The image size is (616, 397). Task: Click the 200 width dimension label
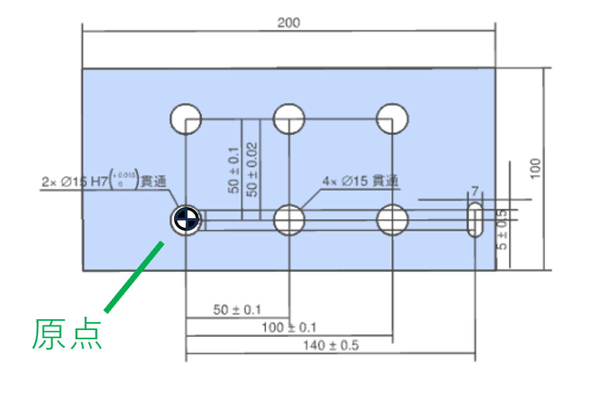pyautogui.click(x=289, y=23)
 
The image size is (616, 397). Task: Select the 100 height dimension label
pyautogui.click(x=536, y=168)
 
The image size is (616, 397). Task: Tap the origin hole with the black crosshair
pyautogui.click(x=186, y=220)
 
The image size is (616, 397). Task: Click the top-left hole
pyautogui.click(x=186, y=119)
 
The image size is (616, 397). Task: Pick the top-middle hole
pyautogui.click(x=289, y=119)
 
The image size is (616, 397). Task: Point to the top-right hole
pyautogui.click(x=392, y=119)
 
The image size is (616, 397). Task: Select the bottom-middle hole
pyautogui.click(x=289, y=220)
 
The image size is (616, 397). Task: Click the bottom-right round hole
pyautogui.click(x=392, y=220)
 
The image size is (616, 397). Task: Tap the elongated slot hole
pyautogui.click(x=476, y=220)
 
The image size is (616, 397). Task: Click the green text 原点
pyautogui.click(x=68, y=334)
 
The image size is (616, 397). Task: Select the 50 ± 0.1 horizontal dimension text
pyautogui.click(x=237, y=310)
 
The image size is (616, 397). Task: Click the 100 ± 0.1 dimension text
pyautogui.click(x=289, y=328)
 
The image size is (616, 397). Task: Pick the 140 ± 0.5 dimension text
pyautogui.click(x=331, y=346)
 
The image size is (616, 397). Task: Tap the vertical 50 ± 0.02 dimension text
pyautogui.click(x=252, y=169)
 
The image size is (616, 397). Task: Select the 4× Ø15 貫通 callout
pyautogui.click(x=361, y=181)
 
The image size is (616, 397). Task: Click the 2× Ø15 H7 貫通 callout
pyautogui.click(x=104, y=181)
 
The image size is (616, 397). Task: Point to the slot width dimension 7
pyautogui.click(x=474, y=191)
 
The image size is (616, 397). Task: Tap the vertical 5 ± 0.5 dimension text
pyautogui.click(x=502, y=230)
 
